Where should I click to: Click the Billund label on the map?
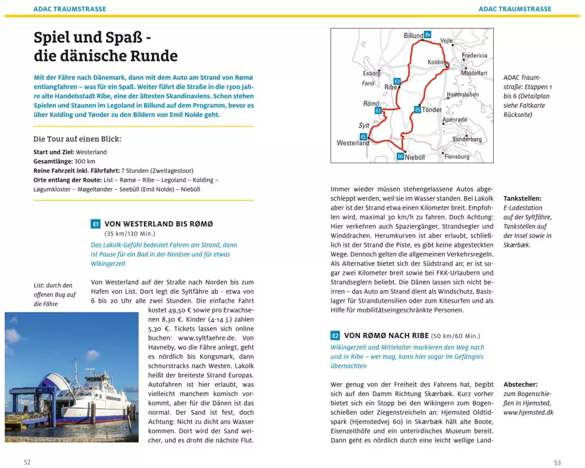click(x=413, y=36)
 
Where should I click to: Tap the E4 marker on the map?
click(x=428, y=35)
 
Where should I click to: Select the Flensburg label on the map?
click(x=457, y=157)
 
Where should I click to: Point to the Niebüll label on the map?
click(x=415, y=157)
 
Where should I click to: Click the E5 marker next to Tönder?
click(x=418, y=109)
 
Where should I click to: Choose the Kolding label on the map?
click(x=437, y=62)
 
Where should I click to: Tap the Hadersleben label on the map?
click(x=463, y=94)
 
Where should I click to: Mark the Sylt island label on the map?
click(x=364, y=126)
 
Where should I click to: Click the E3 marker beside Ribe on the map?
click(x=397, y=81)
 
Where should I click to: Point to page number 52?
click(x=27, y=462)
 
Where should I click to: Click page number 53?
click(x=557, y=462)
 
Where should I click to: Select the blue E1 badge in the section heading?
click(x=96, y=224)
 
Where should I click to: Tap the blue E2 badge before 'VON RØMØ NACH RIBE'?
click(x=335, y=336)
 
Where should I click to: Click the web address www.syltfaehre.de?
click(x=208, y=338)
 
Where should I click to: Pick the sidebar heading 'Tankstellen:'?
click(x=522, y=198)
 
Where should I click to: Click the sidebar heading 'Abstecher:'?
click(x=521, y=384)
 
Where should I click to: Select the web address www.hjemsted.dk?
click(x=528, y=412)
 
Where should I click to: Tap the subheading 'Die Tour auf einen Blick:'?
click(x=77, y=139)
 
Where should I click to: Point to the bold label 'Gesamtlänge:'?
click(x=53, y=161)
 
